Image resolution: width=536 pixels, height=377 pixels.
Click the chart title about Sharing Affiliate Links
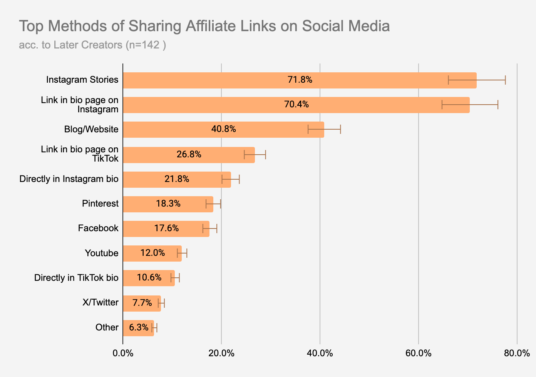tap(204, 26)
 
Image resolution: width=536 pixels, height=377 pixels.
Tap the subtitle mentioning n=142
tap(92, 45)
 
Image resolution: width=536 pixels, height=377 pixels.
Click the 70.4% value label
tap(296, 105)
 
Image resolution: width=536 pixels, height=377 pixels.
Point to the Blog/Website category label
tap(91, 129)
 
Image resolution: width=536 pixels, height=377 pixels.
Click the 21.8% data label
tap(177, 179)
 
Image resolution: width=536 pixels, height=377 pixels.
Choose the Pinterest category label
tap(100, 204)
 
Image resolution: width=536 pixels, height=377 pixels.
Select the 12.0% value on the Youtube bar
tap(152, 253)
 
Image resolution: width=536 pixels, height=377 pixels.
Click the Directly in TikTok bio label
tap(76, 278)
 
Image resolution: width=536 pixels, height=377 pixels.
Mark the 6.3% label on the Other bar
tap(139, 327)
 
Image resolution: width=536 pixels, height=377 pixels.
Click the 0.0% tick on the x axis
tap(123, 353)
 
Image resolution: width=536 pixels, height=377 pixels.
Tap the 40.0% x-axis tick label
tap(320, 353)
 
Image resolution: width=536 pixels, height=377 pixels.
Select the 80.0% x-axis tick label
tap(517, 353)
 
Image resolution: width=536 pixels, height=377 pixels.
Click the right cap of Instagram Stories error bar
tap(505, 80)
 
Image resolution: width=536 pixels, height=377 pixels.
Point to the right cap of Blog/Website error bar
tap(340, 129)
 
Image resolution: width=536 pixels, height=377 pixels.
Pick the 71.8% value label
tap(300, 80)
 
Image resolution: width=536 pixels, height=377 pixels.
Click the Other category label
tap(107, 327)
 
